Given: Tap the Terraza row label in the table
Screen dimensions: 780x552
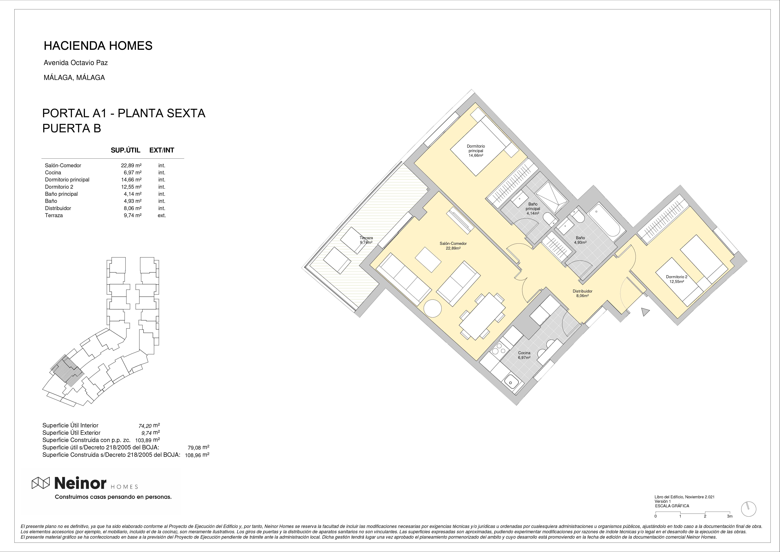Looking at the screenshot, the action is click(54, 216).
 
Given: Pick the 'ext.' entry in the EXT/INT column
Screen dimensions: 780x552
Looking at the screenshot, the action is click(162, 216).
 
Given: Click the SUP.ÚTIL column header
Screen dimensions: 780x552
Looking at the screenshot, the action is click(125, 150).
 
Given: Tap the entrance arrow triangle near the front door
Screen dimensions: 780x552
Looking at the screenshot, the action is click(645, 312).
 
